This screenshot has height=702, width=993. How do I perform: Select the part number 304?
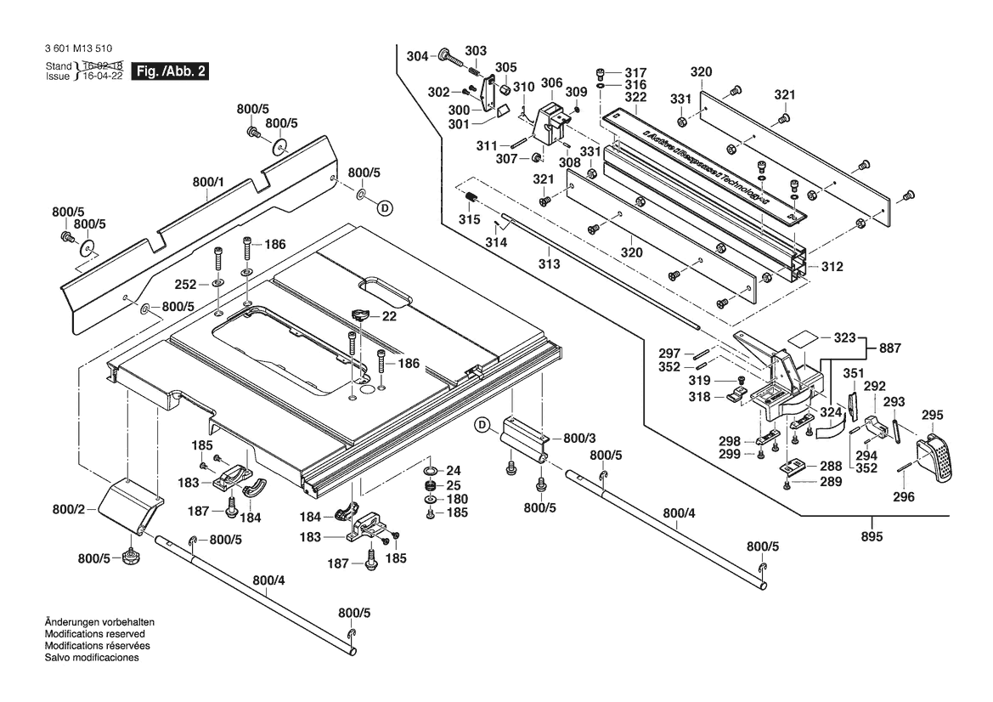[x=417, y=56]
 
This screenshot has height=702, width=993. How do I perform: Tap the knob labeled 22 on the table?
[x=359, y=315]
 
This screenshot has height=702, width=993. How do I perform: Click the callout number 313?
[x=549, y=264]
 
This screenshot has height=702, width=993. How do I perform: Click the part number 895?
[x=872, y=536]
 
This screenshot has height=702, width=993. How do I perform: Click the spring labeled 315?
[x=470, y=201]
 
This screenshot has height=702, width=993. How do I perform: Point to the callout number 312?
[x=832, y=267]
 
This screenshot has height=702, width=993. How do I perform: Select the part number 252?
[x=185, y=284]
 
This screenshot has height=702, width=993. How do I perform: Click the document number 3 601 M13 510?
[x=76, y=49]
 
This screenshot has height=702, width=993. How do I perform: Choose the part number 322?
[x=635, y=98]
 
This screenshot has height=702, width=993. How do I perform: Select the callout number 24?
[x=454, y=471]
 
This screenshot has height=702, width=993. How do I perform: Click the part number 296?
[x=904, y=496]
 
